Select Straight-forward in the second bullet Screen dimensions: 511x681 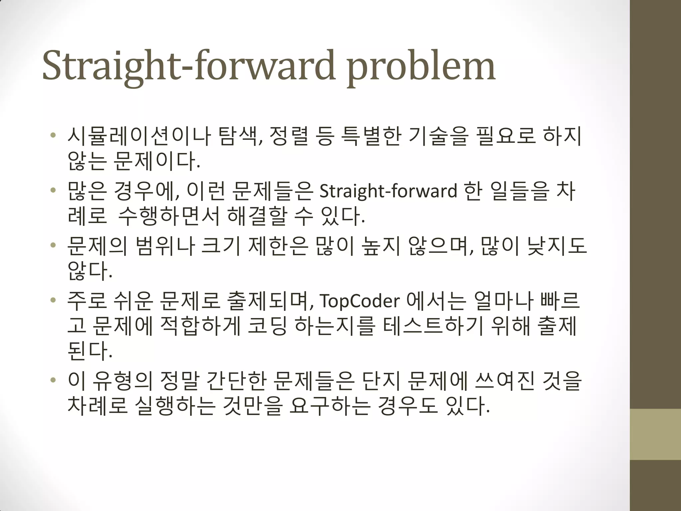(388, 191)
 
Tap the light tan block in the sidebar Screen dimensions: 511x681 (655, 434)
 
